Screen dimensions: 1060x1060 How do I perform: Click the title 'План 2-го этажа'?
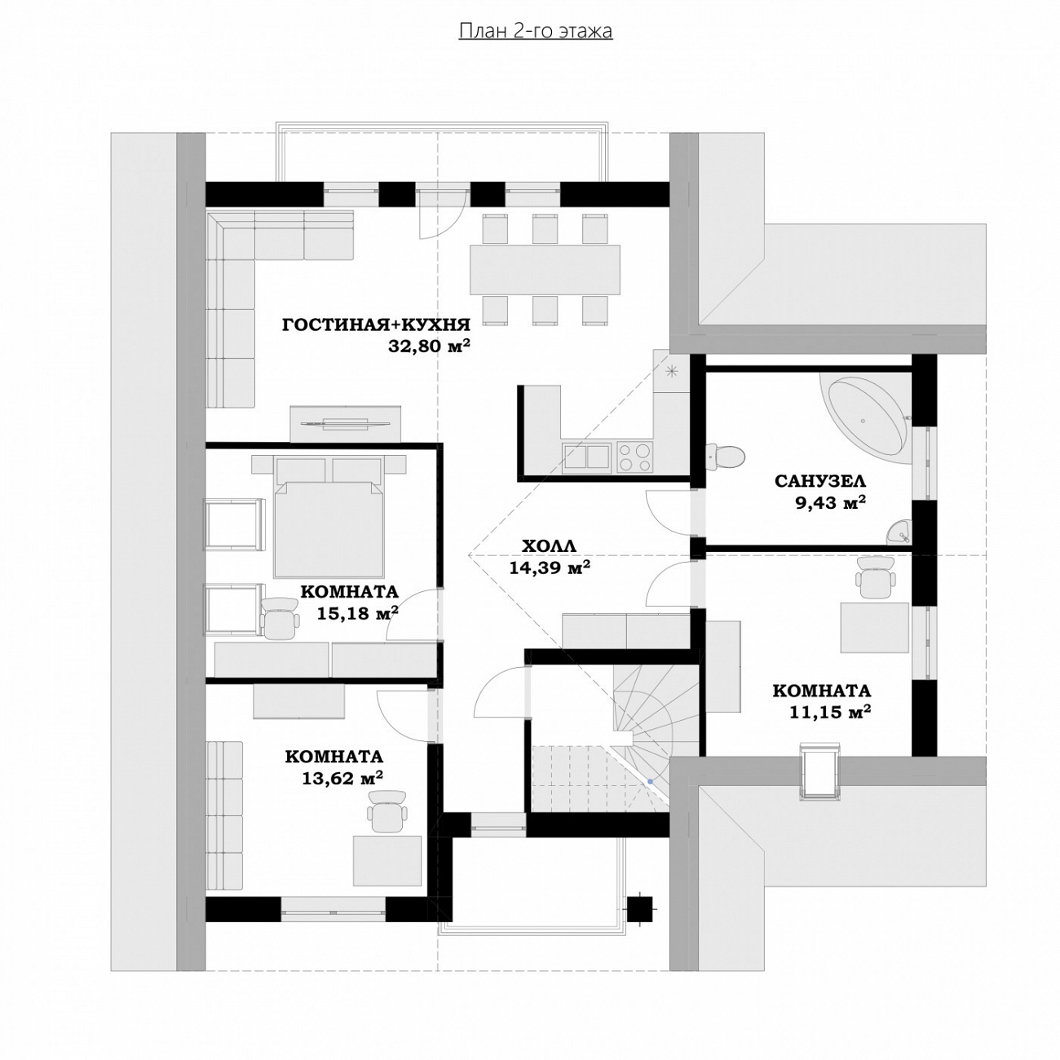[x=535, y=32]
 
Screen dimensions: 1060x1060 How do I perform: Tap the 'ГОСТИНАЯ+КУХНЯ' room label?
[x=376, y=325]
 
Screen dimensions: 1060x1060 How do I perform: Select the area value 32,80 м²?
[x=429, y=346]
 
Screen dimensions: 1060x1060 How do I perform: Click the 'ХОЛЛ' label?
[x=549, y=546]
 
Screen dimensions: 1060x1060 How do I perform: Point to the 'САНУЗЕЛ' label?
[x=820, y=481]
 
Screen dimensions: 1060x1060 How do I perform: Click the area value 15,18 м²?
[x=358, y=613]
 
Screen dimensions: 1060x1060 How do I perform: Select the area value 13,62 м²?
[x=342, y=778]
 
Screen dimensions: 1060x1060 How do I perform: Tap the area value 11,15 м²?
[x=830, y=712]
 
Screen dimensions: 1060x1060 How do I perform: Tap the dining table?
[x=545, y=270]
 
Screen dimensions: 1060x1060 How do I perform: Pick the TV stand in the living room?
[x=346, y=423]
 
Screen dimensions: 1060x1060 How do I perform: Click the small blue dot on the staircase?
[x=650, y=780]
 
